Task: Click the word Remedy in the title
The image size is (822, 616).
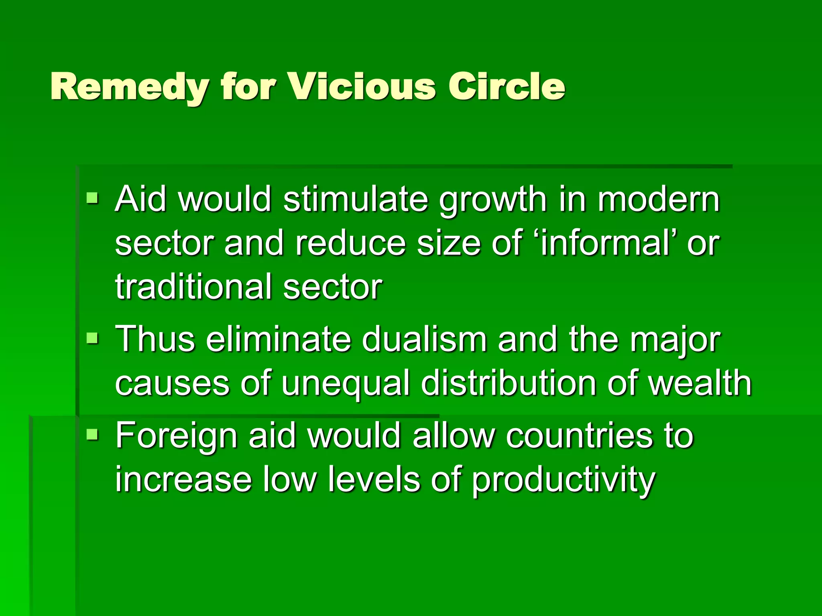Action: [x=129, y=87]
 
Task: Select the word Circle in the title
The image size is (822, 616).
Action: [x=507, y=87]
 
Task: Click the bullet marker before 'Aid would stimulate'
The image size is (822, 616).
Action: [x=92, y=197]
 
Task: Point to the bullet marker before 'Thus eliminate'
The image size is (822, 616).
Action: [x=92, y=338]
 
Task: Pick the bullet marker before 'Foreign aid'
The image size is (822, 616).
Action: [x=92, y=434]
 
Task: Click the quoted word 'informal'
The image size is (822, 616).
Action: [x=604, y=243]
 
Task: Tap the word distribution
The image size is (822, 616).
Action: [x=509, y=383]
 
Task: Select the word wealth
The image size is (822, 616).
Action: [x=700, y=383]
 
